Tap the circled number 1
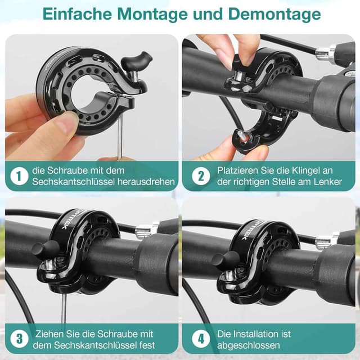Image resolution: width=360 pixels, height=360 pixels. click(19, 176)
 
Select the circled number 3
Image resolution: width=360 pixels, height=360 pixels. click(19, 339)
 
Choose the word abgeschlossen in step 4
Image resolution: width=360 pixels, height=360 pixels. click(247, 345)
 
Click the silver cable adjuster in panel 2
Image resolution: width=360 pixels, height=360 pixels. click(325, 54)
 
